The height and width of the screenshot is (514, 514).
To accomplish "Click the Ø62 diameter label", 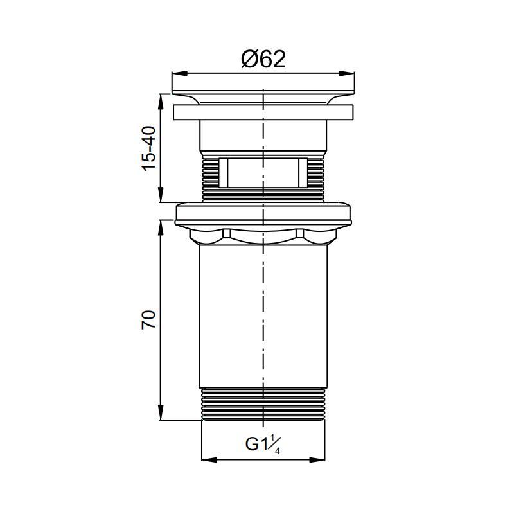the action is pos(263,59).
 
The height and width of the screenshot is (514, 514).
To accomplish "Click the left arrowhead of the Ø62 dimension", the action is pos(180,73).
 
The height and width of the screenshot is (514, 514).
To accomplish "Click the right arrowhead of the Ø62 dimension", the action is pos(347,73).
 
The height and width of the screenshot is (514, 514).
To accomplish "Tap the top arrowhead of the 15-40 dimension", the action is pos(161,102).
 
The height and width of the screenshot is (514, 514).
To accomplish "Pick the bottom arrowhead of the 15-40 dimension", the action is pos(161,195).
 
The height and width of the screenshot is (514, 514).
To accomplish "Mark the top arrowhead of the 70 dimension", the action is pos(161,228).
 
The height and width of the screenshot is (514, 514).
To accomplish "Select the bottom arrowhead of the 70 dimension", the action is pos(161,412).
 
